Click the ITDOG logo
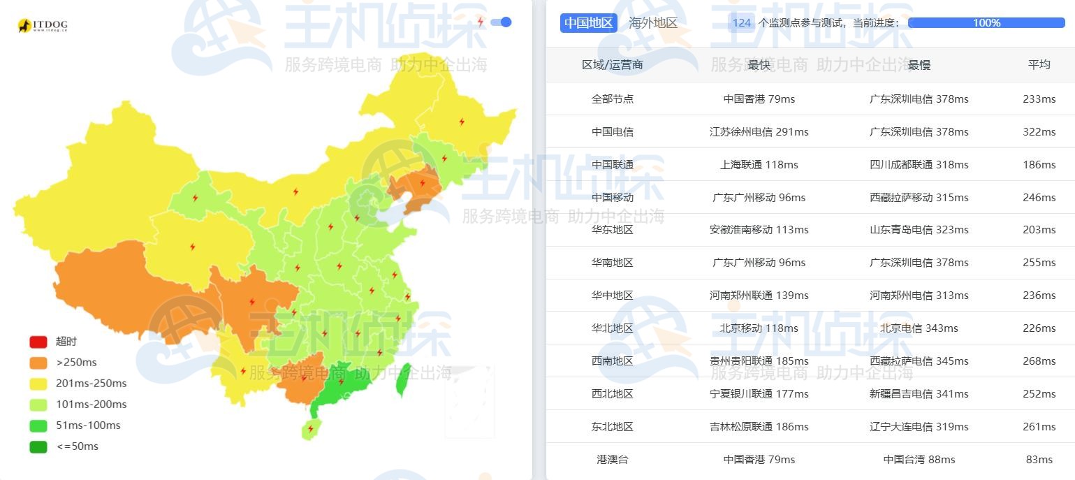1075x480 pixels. [x=43, y=26]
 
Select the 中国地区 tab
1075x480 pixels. [x=588, y=23]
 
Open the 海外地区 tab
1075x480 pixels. [x=653, y=23]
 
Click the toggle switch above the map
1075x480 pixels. [x=502, y=22]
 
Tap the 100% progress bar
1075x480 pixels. [x=986, y=23]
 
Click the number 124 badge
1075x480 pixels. [x=742, y=23]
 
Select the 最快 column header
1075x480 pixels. [x=759, y=65]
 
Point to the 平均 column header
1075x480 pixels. [x=1039, y=65]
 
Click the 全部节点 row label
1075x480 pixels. [x=613, y=99]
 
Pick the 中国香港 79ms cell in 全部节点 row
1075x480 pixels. [x=759, y=99]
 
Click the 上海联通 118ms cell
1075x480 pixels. [x=759, y=165]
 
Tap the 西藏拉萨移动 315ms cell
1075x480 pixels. [x=919, y=198]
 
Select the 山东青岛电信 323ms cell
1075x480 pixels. [x=919, y=230]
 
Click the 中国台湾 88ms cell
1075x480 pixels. [x=919, y=460]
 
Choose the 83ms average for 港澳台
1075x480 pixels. [x=1039, y=460]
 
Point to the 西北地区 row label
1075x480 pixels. [x=613, y=394]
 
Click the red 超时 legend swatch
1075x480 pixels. [x=38, y=342]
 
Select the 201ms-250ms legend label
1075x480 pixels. [x=91, y=384]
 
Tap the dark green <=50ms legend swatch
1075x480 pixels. [x=38, y=446]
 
